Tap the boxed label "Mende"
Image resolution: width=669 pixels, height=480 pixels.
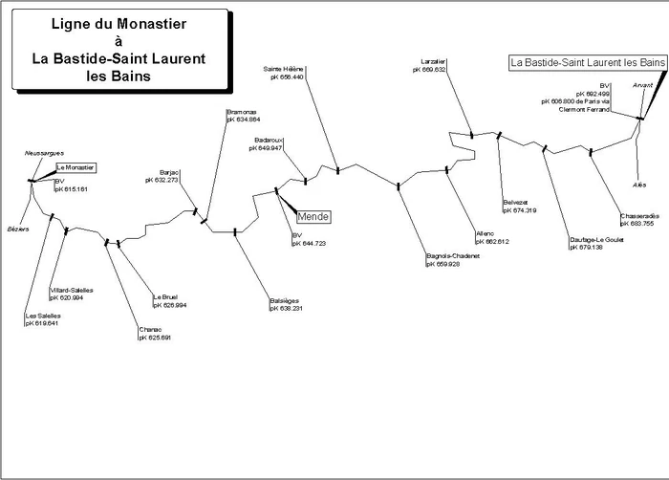tap(313, 217)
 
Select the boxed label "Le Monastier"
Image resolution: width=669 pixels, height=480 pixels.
tap(75, 167)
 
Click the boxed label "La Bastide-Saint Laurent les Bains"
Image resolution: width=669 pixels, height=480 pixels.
tap(587, 62)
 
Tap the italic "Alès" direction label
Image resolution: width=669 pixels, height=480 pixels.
tap(639, 184)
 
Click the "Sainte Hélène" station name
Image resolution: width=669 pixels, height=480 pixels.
tap(284, 70)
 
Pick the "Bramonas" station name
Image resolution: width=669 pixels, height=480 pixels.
tap(242, 112)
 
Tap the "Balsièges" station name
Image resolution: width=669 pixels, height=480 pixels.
tap(285, 301)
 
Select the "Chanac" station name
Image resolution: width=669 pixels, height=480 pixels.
tap(150, 330)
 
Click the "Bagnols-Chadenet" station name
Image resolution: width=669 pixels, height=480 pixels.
tap(454, 256)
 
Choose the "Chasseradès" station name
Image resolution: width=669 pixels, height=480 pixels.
tap(637, 216)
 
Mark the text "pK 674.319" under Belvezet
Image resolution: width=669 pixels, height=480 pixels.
tap(519, 210)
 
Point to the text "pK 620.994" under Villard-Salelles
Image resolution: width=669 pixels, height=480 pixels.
tap(68, 298)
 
